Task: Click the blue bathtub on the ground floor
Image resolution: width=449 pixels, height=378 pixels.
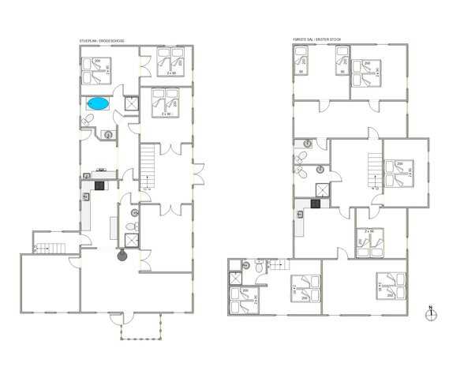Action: click(x=99, y=103)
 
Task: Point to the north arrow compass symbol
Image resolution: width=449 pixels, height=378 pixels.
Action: click(x=430, y=313)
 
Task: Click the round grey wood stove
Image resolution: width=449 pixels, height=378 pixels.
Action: click(x=122, y=255)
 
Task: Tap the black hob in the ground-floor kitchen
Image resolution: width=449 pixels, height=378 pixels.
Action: click(x=99, y=185)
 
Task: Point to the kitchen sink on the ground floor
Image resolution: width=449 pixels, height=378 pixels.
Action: click(x=100, y=170)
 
